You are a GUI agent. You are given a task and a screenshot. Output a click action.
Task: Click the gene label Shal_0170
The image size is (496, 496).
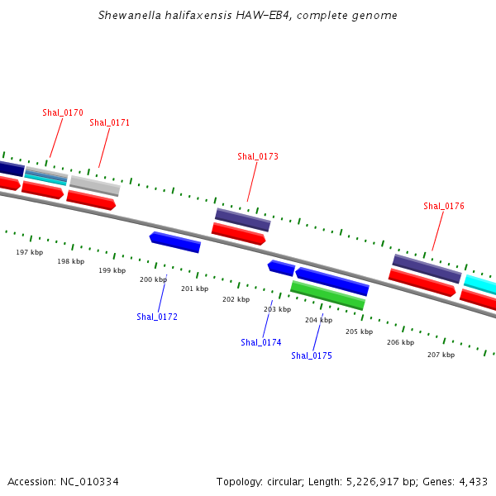63,112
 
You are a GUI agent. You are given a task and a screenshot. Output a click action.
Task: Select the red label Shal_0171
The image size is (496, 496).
109,122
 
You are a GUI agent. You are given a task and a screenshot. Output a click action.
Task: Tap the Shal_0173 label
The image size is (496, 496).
257,156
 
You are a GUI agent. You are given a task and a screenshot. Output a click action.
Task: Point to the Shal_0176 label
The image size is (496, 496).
443,206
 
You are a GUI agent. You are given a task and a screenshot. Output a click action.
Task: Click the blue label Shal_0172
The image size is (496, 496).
157,317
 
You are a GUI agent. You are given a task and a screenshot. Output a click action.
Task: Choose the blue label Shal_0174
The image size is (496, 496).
261,342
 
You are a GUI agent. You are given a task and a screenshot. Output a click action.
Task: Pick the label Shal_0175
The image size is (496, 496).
312,355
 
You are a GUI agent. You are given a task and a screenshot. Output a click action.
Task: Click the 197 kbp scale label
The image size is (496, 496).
30,252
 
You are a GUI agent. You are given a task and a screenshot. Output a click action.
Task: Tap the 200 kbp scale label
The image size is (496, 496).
153,279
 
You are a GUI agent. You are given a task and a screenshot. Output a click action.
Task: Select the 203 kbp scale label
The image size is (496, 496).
277,309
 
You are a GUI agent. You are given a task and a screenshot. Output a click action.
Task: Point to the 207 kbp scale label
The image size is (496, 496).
441,355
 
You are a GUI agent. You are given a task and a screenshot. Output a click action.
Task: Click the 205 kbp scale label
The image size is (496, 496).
359,331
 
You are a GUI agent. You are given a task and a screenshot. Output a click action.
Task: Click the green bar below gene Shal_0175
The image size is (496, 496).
327,295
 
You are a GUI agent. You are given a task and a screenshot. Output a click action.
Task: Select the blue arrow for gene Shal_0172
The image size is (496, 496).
175,242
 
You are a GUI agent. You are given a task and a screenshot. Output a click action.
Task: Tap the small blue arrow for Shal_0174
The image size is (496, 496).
281,268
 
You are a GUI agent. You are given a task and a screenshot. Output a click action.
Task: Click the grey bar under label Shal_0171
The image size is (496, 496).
94,185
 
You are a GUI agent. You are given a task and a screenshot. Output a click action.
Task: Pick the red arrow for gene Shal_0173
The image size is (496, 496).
238,234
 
